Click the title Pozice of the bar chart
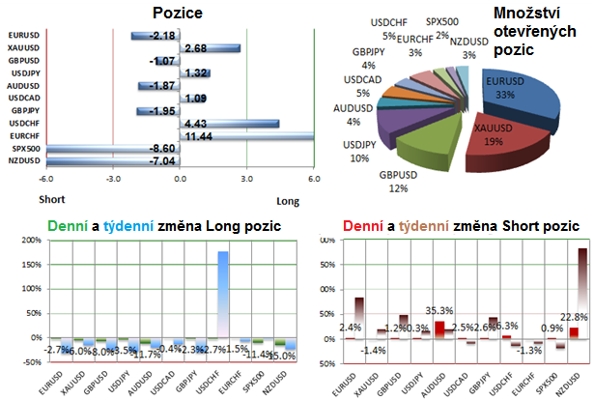coord(177,13)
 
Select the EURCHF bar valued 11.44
coord(246,136)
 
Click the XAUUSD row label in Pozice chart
coord(22,48)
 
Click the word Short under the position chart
coord(51,200)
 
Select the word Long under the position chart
coord(289,200)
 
